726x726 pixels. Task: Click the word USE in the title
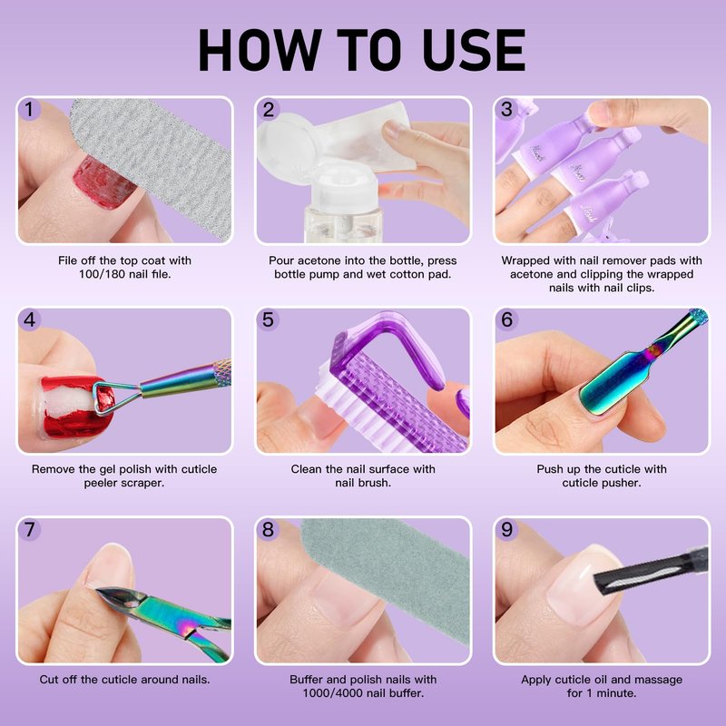tap(474, 49)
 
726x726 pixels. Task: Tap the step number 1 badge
tap(29, 110)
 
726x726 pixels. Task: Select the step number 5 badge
tap(268, 320)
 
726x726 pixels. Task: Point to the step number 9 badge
tap(506, 529)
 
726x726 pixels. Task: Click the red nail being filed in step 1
tap(103, 183)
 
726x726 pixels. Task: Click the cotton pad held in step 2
tap(366, 139)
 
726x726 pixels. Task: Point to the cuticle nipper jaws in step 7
tap(120, 597)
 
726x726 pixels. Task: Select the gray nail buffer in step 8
tap(389, 579)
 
